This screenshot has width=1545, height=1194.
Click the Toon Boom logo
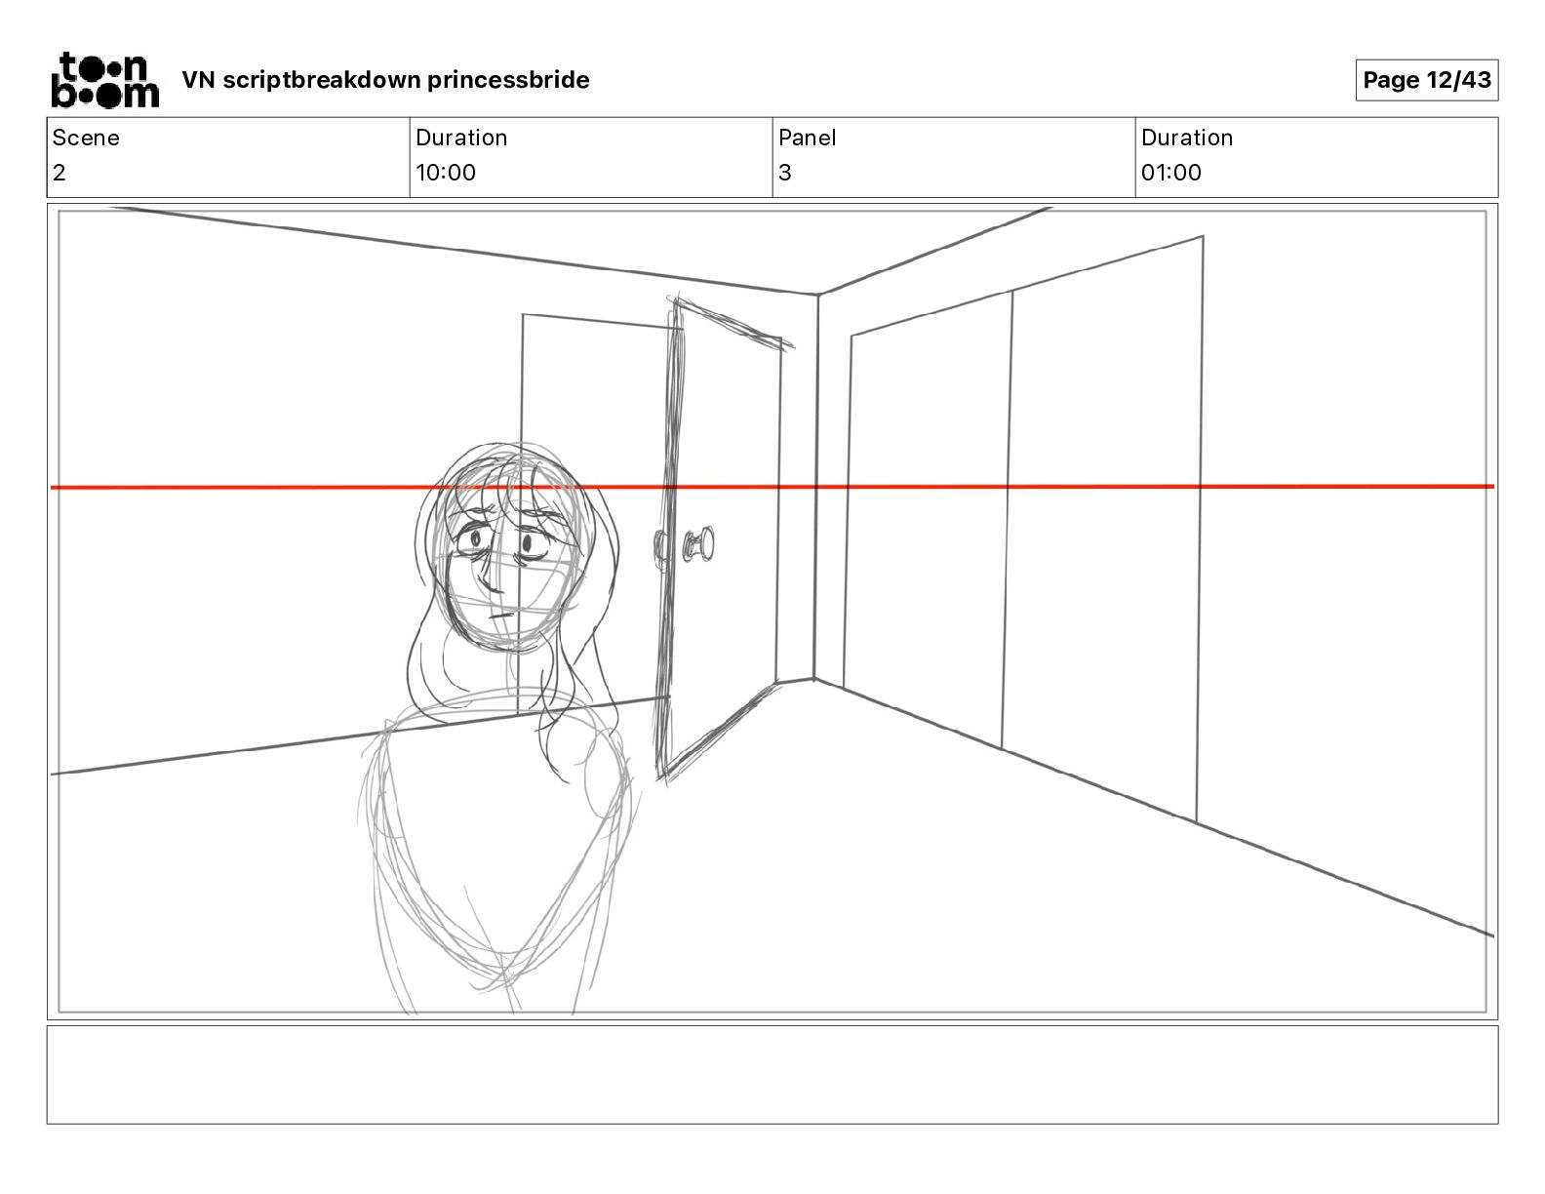tap(105, 80)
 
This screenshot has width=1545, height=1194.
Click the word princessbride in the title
tap(507, 80)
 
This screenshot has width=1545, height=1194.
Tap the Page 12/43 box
tap(1426, 80)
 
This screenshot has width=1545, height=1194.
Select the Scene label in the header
tap(86, 138)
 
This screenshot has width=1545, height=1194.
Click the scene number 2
tap(59, 172)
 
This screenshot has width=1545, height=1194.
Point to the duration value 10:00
tap(446, 172)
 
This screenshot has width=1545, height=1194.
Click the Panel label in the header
tap(807, 138)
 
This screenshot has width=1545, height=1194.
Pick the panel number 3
tap(785, 172)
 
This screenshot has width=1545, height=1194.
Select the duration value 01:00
tap(1171, 172)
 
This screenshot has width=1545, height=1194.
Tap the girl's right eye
tap(471, 542)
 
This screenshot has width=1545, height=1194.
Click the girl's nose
tap(491, 579)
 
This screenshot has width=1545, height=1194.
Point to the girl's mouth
tap(501, 616)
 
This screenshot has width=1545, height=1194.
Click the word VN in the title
tap(198, 80)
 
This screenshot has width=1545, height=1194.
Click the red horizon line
tap(772, 487)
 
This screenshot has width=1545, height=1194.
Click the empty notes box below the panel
tap(772, 1075)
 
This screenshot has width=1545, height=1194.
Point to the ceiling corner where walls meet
tap(817, 294)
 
